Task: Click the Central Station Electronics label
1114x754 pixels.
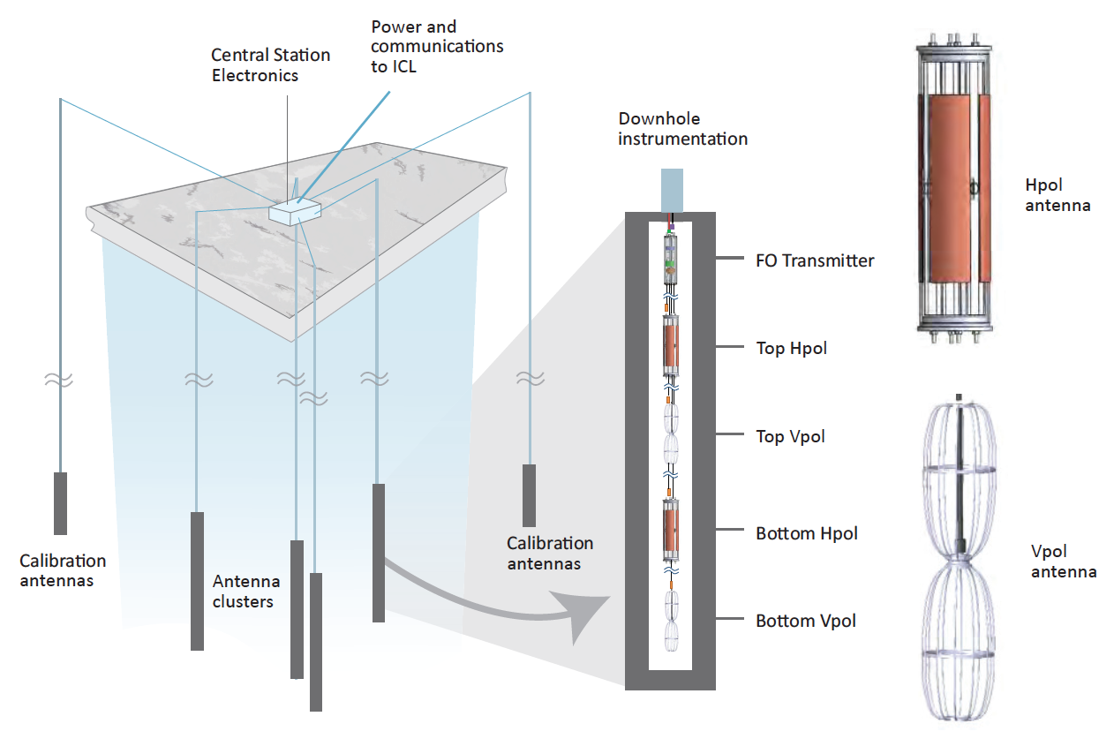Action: [270, 65]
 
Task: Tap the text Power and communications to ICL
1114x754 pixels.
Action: [437, 47]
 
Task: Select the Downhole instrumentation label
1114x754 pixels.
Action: [682, 129]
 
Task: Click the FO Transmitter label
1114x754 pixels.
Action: [815, 260]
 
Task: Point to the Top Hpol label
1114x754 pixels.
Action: [792, 348]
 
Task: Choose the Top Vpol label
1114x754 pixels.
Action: [791, 436]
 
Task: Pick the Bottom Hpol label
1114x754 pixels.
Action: [807, 533]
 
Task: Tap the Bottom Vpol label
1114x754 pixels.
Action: [806, 621]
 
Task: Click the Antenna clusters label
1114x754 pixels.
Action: [246, 592]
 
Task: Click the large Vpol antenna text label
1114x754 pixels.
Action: [1063, 562]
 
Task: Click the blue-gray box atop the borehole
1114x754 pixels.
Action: [670, 191]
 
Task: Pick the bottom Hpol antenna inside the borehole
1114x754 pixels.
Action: [670, 532]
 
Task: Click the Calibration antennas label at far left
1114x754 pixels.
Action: [63, 570]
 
